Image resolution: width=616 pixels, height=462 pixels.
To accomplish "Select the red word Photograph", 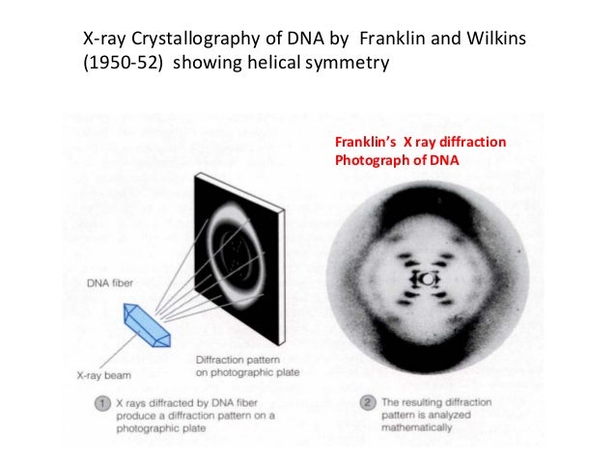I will click(x=370, y=160).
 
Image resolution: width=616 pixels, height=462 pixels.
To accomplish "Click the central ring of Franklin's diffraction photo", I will click(x=426, y=278).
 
